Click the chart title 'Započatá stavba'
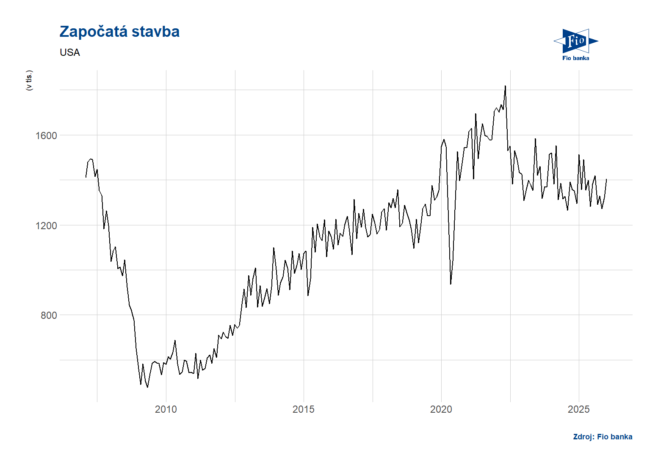pyautogui.click(x=119, y=32)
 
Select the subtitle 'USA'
pyautogui.click(x=70, y=52)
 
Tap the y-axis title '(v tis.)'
pyautogui.click(x=29, y=80)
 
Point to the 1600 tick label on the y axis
pyautogui.click(x=46, y=136)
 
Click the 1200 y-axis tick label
pyautogui.click(x=46, y=226)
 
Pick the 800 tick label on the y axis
pyautogui.click(x=49, y=315)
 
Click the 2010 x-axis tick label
pyautogui.click(x=166, y=409)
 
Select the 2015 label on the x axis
pyautogui.click(x=304, y=409)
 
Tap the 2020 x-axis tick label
pyautogui.click(x=441, y=409)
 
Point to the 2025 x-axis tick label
pyautogui.click(x=579, y=409)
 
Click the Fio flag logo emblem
pyautogui.click(x=575, y=41)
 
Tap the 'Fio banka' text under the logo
pyautogui.click(x=575, y=58)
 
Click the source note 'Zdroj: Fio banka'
pyautogui.click(x=603, y=437)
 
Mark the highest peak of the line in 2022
pyautogui.click(x=505, y=86)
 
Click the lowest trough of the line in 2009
pyautogui.click(x=147, y=387)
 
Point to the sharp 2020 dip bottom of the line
pyautogui.click(x=451, y=284)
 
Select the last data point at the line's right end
pyautogui.click(x=606, y=179)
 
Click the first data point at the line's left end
pyautogui.click(x=86, y=177)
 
